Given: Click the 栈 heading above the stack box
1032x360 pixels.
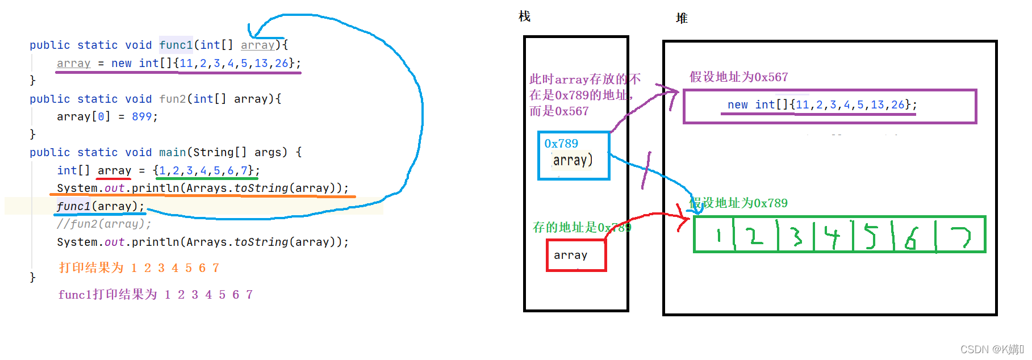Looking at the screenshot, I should [524, 16].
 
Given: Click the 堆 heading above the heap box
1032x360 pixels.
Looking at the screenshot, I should [682, 18].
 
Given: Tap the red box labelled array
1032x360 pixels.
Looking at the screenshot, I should [576, 256].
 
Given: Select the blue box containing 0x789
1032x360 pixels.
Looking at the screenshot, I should [574, 155].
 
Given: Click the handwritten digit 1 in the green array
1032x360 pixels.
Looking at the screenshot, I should [718, 235].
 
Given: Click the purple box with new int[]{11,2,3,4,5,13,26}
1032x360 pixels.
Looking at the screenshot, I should [829, 106].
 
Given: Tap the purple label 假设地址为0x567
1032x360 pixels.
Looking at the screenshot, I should [738, 77].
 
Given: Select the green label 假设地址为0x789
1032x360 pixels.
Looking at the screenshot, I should [738, 203].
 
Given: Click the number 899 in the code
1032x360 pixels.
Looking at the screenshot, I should [141, 116].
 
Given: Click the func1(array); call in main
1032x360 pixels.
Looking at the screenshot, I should [101, 206].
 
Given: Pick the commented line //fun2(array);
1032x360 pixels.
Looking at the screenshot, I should [104, 224].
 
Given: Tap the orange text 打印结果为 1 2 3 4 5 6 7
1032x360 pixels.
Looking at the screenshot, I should [139, 267].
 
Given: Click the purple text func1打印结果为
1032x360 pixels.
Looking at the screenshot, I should [107, 294].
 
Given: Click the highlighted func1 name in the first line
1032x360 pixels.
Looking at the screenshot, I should [176, 45].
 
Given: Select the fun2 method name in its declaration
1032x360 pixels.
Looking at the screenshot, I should [173, 99].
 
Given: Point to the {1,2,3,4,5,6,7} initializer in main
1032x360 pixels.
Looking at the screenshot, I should [206, 170].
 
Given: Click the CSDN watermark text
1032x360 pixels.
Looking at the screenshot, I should [991, 349].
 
